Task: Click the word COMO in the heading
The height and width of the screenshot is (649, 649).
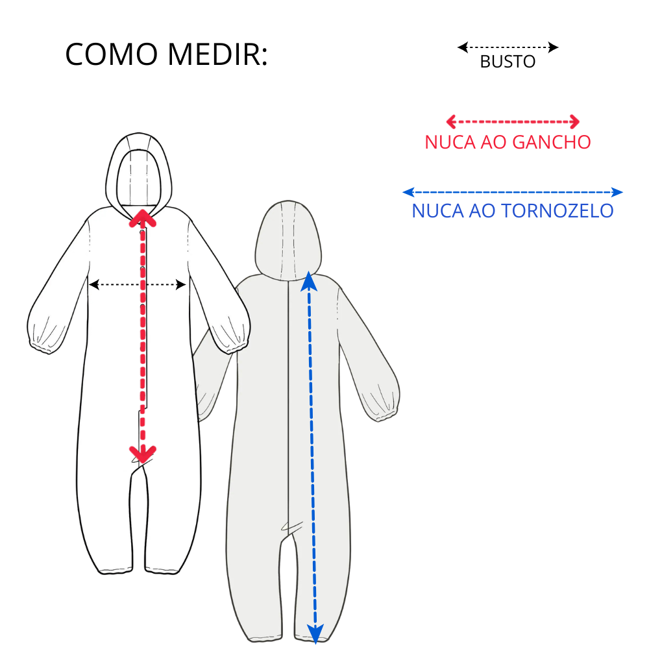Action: [x=112, y=55]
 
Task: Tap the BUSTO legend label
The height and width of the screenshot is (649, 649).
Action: [x=508, y=62]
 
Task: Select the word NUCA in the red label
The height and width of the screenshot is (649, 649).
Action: [x=450, y=142]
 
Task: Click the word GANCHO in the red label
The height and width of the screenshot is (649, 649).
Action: [x=551, y=142]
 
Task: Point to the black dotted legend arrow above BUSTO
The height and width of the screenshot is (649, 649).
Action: [x=508, y=47]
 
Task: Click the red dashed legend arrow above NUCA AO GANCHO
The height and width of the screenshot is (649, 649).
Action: [x=513, y=122]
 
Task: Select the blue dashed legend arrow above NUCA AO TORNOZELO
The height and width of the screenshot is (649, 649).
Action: [x=513, y=192]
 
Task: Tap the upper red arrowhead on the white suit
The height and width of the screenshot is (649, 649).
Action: [x=142, y=217]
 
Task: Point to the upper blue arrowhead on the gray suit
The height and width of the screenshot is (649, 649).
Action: [x=309, y=282]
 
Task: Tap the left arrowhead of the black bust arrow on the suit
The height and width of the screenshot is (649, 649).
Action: [x=94, y=284]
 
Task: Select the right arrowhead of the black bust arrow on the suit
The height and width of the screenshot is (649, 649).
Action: [x=181, y=284]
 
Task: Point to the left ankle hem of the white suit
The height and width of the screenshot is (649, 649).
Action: [x=115, y=570]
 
